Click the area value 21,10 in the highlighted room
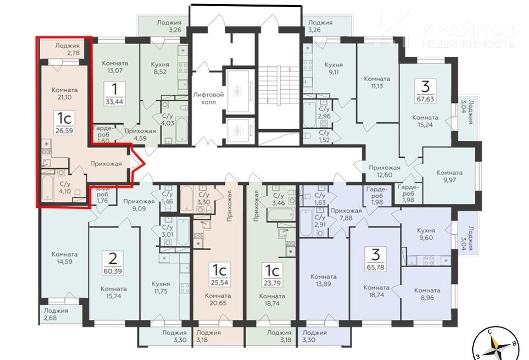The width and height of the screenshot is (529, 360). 64,97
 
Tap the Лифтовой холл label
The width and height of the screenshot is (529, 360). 208,98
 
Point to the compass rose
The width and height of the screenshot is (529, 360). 495,344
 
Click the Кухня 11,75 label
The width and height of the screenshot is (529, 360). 161,287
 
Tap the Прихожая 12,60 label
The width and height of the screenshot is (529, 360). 385,171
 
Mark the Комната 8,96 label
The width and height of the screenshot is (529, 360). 427,294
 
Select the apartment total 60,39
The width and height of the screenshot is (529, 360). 113,270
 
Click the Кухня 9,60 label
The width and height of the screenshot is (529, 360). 426,234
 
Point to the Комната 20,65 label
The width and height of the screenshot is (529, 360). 218,299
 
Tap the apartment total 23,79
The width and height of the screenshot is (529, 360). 272,283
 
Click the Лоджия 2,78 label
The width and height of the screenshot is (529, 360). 67,49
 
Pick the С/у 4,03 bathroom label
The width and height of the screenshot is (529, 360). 168,120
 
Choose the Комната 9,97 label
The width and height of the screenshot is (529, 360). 449,176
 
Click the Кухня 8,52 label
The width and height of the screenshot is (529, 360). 160,68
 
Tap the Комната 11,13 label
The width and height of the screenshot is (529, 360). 377,83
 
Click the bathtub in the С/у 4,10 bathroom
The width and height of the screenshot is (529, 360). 47,188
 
